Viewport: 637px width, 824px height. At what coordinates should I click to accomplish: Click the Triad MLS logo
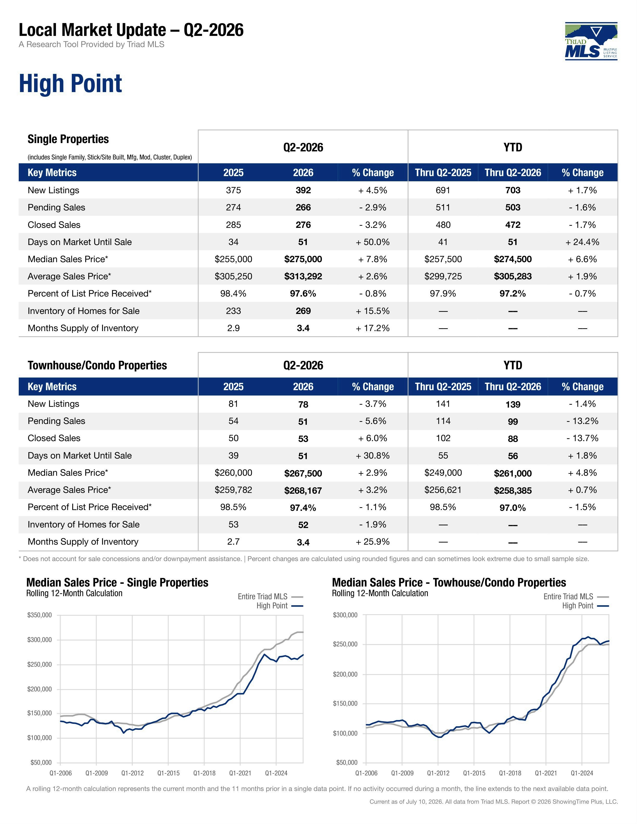pyautogui.click(x=591, y=41)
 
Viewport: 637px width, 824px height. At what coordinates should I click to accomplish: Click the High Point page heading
pyautogui.click(x=71, y=83)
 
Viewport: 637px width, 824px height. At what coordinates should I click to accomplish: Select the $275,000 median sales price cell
pyautogui.click(x=303, y=259)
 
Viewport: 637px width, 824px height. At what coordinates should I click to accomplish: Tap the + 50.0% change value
pyautogui.click(x=372, y=242)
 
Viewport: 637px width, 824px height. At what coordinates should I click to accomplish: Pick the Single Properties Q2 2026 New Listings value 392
pyautogui.click(x=303, y=190)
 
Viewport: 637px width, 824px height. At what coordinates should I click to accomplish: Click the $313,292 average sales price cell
pyautogui.click(x=303, y=276)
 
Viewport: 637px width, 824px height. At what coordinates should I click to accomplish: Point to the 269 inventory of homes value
pyautogui.click(x=303, y=311)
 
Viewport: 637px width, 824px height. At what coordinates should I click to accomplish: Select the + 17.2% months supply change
pyautogui.click(x=372, y=328)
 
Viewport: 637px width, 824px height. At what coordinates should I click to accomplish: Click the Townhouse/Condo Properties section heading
pyautogui.click(x=97, y=365)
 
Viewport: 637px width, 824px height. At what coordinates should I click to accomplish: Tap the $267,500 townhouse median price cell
pyautogui.click(x=303, y=473)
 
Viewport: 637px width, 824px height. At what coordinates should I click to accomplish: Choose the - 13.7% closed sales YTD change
pyautogui.click(x=582, y=438)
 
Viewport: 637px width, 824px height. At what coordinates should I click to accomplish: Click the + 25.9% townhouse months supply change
pyautogui.click(x=372, y=542)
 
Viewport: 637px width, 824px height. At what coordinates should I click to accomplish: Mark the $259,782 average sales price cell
pyautogui.click(x=233, y=490)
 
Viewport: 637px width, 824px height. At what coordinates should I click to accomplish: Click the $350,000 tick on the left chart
pyautogui.click(x=40, y=615)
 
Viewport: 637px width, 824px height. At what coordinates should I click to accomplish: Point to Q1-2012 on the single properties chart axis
pyautogui.click(x=132, y=773)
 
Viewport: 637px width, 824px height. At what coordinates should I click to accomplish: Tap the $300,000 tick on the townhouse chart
pyautogui.click(x=345, y=615)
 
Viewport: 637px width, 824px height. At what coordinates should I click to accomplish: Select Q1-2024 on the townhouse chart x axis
pyautogui.click(x=582, y=773)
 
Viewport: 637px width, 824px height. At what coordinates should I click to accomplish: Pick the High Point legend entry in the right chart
pyautogui.click(x=585, y=606)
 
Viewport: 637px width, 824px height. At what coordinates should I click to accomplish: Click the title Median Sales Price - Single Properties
pyautogui.click(x=117, y=583)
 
